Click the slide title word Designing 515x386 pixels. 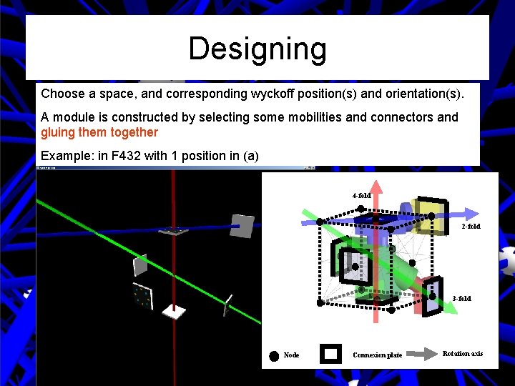(x=257, y=49)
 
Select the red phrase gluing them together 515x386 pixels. (x=99, y=132)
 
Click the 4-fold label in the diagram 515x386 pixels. (x=361, y=196)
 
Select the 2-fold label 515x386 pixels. (x=471, y=227)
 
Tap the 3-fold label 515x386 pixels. (x=461, y=298)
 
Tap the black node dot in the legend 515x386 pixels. (x=274, y=356)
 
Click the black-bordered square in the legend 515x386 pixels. (x=330, y=354)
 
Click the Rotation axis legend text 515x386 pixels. (x=463, y=353)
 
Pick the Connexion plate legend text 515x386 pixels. (x=377, y=355)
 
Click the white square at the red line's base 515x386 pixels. (x=174, y=312)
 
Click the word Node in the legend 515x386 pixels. (x=292, y=355)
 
